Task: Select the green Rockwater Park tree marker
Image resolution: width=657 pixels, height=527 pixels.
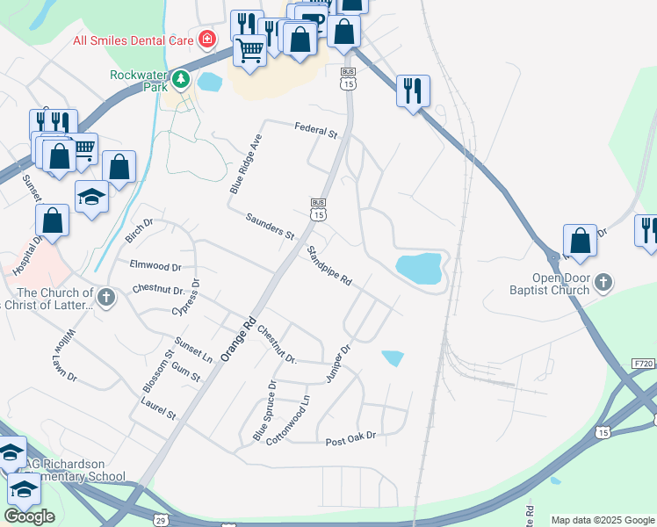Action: [x=181, y=80]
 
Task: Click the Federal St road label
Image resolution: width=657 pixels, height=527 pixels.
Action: [x=316, y=131]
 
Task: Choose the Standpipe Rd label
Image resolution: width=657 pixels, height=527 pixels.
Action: [x=329, y=267]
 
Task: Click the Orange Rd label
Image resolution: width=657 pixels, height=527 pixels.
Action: [x=237, y=338]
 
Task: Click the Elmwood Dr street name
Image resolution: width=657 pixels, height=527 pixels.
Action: [x=155, y=265]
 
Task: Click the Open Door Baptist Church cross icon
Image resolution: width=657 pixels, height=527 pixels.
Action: [x=603, y=283]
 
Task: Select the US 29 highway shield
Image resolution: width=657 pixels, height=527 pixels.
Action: [x=161, y=521]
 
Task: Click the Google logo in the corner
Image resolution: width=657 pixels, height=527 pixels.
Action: [x=29, y=516]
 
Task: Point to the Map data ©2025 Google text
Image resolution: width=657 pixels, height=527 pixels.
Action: [x=603, y=520]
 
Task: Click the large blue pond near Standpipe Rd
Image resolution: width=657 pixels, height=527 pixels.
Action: [x=418, y=268]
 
